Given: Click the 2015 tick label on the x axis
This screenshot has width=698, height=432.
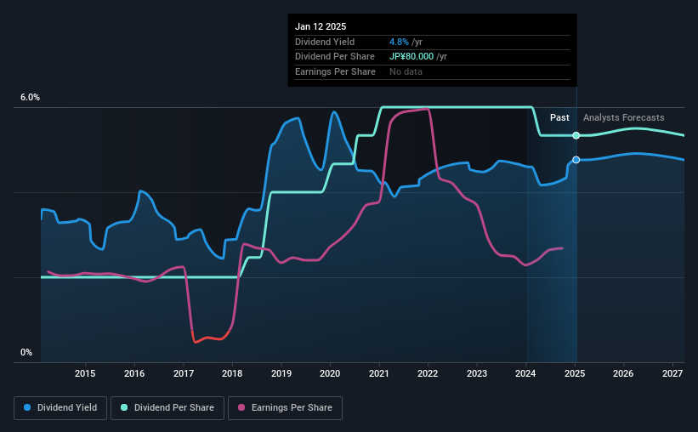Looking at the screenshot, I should pyautogui.click(x=84, y=373).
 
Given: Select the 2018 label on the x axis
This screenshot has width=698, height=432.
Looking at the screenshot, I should pyautogui.click(x=232, y=373).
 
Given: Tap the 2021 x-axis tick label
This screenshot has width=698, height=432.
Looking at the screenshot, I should pyautogui.click(x=379, y=373).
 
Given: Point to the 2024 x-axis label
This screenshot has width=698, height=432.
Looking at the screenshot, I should pyautogui.click(x=526, y=373).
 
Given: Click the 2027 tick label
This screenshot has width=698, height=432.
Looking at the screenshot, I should pyautogui.click(x=672, y=373).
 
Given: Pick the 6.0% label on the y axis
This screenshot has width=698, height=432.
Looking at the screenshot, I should pyautogui.click(x=30, y=98).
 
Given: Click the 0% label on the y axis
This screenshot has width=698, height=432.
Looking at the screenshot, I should pyautogui.click(x=26, y=352).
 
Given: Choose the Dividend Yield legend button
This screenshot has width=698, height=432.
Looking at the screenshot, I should pyautogui.click(x=60, y=408).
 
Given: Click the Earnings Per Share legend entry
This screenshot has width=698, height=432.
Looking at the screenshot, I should pyautogui.click(x=285, y=408).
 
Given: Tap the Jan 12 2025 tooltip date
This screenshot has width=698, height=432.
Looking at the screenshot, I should pyautogui.click(x=321, y=27).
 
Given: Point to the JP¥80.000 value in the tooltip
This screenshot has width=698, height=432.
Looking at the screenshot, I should pyautogui.click(x=417, y=56).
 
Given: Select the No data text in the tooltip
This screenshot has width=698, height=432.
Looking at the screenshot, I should pyautogui.click(x=406, y=71).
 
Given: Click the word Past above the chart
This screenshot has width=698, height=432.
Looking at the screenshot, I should pyautogui.click(x=559, y=117).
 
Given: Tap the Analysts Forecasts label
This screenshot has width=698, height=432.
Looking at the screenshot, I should pyautogui.click(x=623, y=117).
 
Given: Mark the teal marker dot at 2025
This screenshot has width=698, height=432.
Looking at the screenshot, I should pyautogui.click(x=576, y=135).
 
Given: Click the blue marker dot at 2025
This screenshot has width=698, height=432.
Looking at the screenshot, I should pyautogui.click(x=576, y=160).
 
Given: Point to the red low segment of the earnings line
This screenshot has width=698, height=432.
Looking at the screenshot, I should pyautogui.click(x=208, y=339).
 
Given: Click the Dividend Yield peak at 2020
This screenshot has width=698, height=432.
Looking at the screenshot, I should pyautogui.click(x=334, y=112).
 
